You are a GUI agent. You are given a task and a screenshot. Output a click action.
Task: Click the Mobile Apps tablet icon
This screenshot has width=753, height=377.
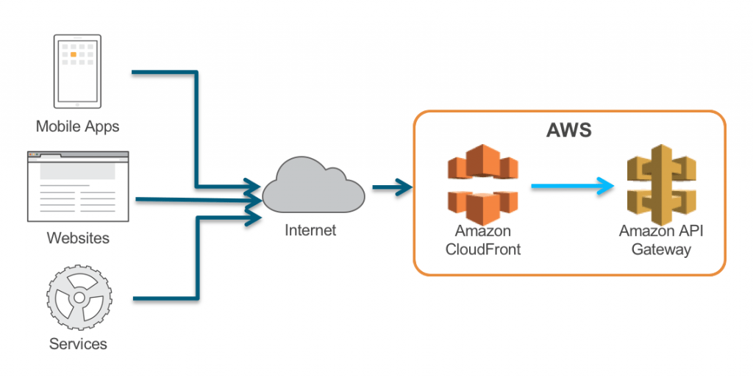click(77, 71)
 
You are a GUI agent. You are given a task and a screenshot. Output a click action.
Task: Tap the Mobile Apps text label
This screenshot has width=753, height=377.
click(77, 127)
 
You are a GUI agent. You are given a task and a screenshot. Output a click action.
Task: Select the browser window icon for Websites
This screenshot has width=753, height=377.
click(78, 187)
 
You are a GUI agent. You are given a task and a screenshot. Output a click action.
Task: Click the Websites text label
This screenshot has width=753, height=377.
click(78, 238)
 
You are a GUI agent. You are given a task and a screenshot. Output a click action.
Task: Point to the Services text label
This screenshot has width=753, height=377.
click(78, 344)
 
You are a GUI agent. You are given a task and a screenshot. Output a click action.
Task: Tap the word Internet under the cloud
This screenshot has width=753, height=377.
click(310, 231)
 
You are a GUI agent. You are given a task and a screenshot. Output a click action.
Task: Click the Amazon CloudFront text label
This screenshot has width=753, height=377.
click(483, 240)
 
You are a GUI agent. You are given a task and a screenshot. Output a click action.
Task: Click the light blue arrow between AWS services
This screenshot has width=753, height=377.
click(573, 186)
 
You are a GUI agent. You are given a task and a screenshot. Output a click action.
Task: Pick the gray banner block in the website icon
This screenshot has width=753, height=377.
click(77, 171)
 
